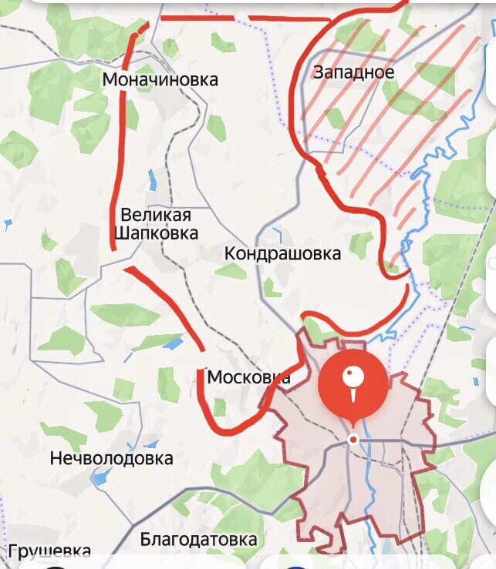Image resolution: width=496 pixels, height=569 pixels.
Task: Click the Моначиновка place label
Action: (x=160, y=80)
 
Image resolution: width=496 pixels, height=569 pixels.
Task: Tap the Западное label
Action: (x=353, y=73)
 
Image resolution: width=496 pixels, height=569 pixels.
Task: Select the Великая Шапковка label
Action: (x=159, y=223)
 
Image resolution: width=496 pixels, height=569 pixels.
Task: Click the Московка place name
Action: (x=248, y=377)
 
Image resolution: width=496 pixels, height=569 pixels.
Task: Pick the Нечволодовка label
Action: (x=111, y=459)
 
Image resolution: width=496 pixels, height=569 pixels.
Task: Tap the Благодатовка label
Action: (x=198, y=539)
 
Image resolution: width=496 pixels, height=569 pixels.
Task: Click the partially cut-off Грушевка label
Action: (x=50, y=551)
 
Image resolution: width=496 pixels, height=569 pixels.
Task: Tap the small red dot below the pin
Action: (x=353, y=439)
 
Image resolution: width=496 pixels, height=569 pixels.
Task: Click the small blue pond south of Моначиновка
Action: (x=152, y=180)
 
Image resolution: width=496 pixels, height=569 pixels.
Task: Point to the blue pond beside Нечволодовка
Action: (x=100, y=477)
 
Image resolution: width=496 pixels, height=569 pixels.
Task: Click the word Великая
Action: (x=159, y=215)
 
